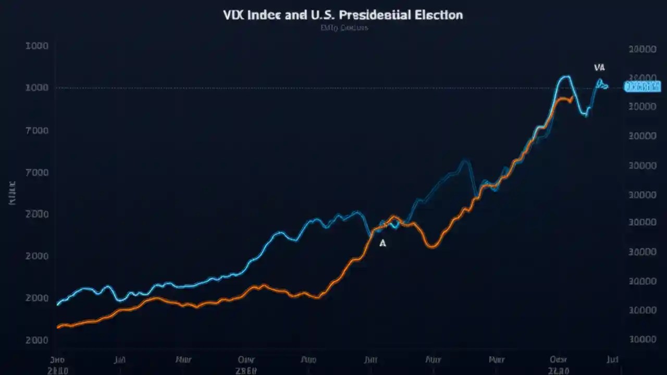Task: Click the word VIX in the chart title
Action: click(233, 15)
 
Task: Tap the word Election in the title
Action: click(439, 15)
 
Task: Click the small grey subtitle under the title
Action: click(343, 28)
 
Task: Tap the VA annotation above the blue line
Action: click(599, 68)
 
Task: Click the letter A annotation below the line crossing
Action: click(383, 243)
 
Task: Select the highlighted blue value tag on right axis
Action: click(643, 86)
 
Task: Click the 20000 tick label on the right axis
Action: click(642, 49)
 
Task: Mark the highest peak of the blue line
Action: click(565, 77)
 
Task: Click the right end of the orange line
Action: click(573, 97)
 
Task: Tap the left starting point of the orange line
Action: click(57, 327)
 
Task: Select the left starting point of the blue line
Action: click(57, 304)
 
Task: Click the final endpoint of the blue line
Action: click(607, 86)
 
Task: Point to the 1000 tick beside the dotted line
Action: click(37, 87)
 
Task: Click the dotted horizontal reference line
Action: click(313, 88)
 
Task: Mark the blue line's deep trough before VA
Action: click(586, 115)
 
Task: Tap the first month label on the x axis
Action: click(57, 359)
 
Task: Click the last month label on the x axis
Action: click(612, 359)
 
